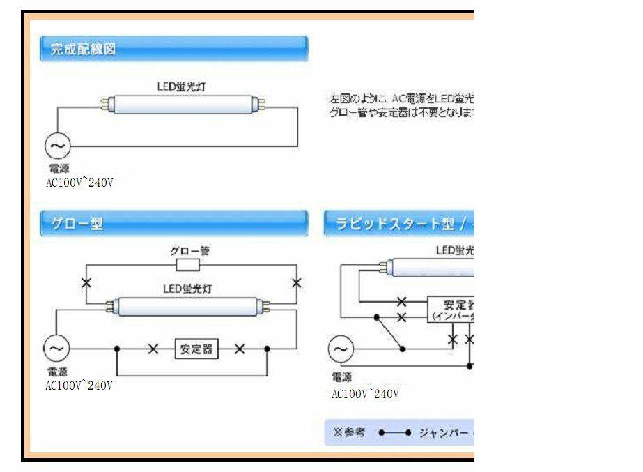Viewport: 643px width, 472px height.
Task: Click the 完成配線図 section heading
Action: point(84,50)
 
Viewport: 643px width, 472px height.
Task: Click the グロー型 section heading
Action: point(77,224)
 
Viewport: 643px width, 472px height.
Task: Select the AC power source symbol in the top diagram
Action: point(58,146)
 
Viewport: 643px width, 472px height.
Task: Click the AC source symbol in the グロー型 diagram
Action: point(57,347)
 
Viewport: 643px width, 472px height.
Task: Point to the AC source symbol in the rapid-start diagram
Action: point(341,349)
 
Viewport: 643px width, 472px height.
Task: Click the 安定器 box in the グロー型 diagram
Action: point(196,349)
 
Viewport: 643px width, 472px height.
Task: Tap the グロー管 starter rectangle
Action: point(188,265)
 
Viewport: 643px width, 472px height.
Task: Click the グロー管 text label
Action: point(190,251)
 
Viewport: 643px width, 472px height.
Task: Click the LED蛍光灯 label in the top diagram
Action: point(180,87)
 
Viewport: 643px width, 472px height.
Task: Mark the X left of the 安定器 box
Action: point(153,349)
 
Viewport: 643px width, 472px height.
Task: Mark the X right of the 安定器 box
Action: point(239,349)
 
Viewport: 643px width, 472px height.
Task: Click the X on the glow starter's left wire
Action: point(86,283)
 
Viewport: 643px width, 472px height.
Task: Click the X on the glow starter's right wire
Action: point(297,282)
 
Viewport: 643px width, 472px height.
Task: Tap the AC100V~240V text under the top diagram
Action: point(79,183)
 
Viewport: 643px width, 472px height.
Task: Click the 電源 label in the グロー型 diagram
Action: point(58,372)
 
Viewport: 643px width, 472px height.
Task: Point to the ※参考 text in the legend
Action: point(349,432)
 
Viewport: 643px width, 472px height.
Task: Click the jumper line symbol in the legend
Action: point(394,433)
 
